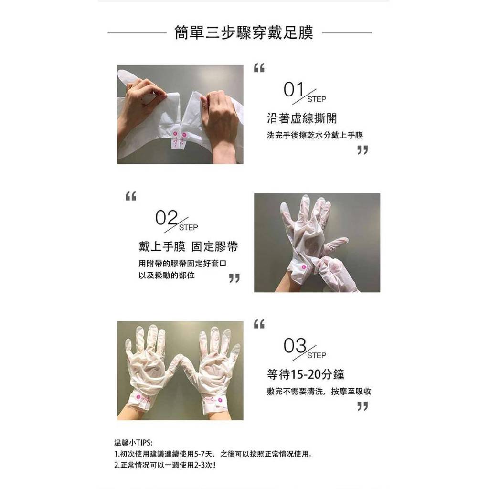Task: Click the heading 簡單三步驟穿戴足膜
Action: coord(244,33)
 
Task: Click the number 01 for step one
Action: coord(294,89)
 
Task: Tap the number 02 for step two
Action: coord(166,218)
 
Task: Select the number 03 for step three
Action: coord(295,346)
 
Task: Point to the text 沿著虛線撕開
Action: coord(302,118)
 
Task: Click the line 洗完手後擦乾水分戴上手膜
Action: coord(315,135)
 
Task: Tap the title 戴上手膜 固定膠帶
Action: coord(188,247)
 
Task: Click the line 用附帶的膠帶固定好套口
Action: coord(182,264)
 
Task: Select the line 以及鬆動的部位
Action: coord(167,276)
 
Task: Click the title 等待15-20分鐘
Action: coord(306,374)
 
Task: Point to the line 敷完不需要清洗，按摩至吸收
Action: coord(319,392)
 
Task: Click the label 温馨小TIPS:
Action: coord(134,443)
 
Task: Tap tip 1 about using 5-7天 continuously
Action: coord(213,454)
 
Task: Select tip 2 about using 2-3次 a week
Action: coord(165,465)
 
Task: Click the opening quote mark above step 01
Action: coord(259,68)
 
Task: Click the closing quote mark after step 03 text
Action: coord(362,406)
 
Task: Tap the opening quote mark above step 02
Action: coord(131,196)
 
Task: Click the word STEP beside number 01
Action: coord(317,99)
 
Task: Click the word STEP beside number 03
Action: coord(317,355)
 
